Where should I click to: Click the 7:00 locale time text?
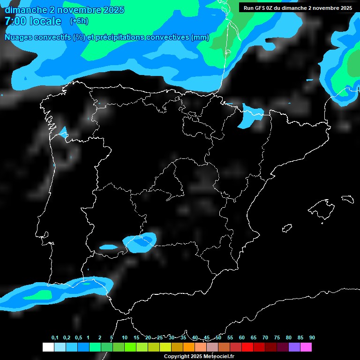(x=33, y=21)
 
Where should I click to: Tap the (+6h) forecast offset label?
(x=79, y=21)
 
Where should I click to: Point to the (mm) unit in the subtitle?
(x=200, y=37)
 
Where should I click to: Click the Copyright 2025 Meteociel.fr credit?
(x=199, y=356)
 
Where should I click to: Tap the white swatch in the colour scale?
(x=48, y=347)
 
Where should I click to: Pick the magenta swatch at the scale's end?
(x=306, y=347)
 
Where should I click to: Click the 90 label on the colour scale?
(x=312, y=337)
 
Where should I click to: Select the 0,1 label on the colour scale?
(x=55, y=337)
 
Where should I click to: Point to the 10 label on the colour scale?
(x=124, y=337)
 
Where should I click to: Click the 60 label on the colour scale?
(x=241, y=337)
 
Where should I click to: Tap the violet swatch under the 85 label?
(x=294, y=347)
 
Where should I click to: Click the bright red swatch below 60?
(x=247, y=347)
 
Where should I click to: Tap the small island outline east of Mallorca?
(x=347, y=199)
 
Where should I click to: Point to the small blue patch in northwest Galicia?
(x=63, y=132)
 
